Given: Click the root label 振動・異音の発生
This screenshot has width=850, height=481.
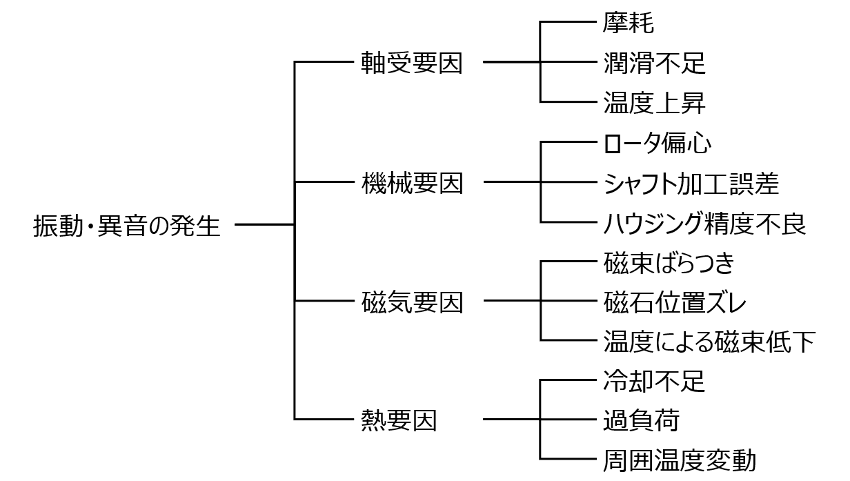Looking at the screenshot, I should coord(127,225).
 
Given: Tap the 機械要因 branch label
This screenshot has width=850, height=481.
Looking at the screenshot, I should coord(412,184).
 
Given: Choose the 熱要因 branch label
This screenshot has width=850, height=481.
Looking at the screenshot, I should coord(399,420).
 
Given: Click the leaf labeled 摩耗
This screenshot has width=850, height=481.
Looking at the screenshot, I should coord(628,23).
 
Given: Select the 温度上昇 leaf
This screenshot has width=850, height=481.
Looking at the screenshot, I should coord(654,103).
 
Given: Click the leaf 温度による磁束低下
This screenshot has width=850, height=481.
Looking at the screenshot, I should coord(709,341).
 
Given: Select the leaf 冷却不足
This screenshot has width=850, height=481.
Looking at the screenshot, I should coord(654,380).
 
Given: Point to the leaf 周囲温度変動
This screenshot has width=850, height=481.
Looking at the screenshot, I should coord(680,459).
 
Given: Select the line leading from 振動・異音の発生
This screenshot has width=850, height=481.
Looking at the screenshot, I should coord(265,224).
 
